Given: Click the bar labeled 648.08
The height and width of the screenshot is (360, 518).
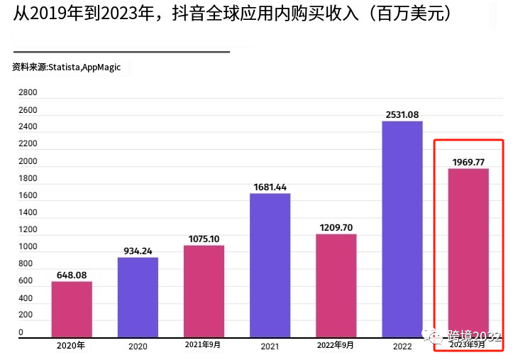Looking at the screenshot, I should coord(72,309).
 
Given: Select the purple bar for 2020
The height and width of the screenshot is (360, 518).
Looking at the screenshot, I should coord(138,297).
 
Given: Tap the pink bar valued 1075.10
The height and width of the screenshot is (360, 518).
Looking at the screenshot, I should coord(204,291).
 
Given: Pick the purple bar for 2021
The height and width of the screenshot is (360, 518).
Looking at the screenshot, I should coord(270,265).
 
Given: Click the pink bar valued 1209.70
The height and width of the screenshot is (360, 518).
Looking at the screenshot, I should coord(336,285).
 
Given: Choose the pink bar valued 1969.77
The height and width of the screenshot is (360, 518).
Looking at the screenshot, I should coord(468,253).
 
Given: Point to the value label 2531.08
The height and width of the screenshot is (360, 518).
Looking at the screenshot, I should coord(402,114).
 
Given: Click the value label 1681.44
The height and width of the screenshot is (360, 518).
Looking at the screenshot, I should coord(270,187).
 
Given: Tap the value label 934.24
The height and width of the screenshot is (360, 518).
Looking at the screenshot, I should coord(138,251).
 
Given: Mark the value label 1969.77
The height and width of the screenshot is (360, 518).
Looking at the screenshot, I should coord(468,162).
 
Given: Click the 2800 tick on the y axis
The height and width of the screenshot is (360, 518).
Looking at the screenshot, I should coord(28,93).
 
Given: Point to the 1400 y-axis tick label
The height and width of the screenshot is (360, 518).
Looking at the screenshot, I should coord(28,213).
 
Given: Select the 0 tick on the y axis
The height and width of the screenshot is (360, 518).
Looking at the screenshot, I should coord(21,332).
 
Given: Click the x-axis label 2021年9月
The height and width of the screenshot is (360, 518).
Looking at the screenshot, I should coord(204,346).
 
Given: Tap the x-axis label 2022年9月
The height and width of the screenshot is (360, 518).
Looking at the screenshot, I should coord(336,346).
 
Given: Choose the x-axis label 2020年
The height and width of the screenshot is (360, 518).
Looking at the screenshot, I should coord(71,346).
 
